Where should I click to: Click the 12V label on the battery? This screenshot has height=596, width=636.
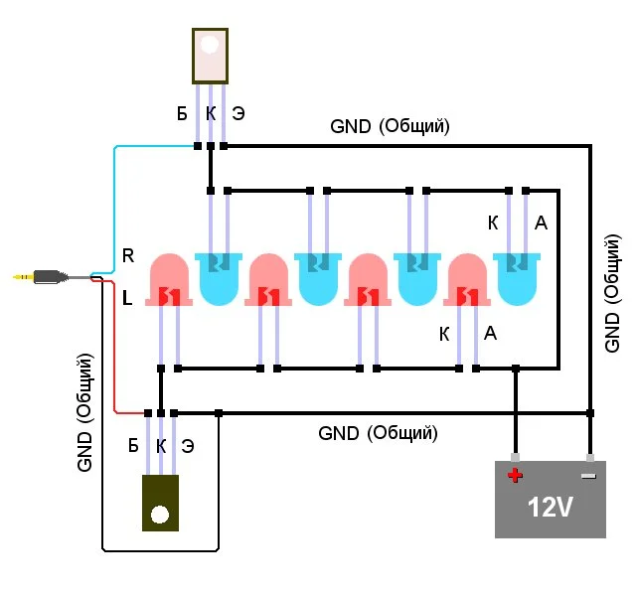click(550, 508)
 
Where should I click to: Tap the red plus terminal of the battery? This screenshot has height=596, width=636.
click(515, 475)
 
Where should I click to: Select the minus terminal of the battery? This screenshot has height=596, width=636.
click(589, 475)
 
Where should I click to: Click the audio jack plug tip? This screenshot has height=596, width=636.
click(20, 276)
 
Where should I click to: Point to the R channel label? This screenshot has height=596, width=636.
click(127, 255)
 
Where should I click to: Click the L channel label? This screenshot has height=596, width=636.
click(127, 297)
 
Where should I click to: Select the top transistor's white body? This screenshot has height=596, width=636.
click(210, 55)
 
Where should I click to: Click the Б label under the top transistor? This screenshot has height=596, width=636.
click(182, 114)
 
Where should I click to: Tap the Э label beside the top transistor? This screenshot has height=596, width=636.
click(238, 114)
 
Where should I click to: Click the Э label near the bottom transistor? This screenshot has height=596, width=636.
click(188, 446)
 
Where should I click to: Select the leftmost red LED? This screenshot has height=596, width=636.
click(170, 280)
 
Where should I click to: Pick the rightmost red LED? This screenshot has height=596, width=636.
click(468, 280)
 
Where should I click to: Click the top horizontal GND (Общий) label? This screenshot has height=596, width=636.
click(391, 127)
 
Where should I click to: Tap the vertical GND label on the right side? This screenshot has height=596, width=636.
click(612, 293)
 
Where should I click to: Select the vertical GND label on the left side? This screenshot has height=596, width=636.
click(85, 411)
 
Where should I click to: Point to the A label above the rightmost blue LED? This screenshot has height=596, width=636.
click(541, 223)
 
